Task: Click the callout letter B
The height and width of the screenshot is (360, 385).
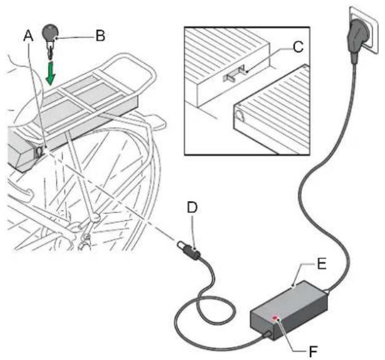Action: (x=99, y=35)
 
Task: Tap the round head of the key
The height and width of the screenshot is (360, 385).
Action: (x=49, y=31)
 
